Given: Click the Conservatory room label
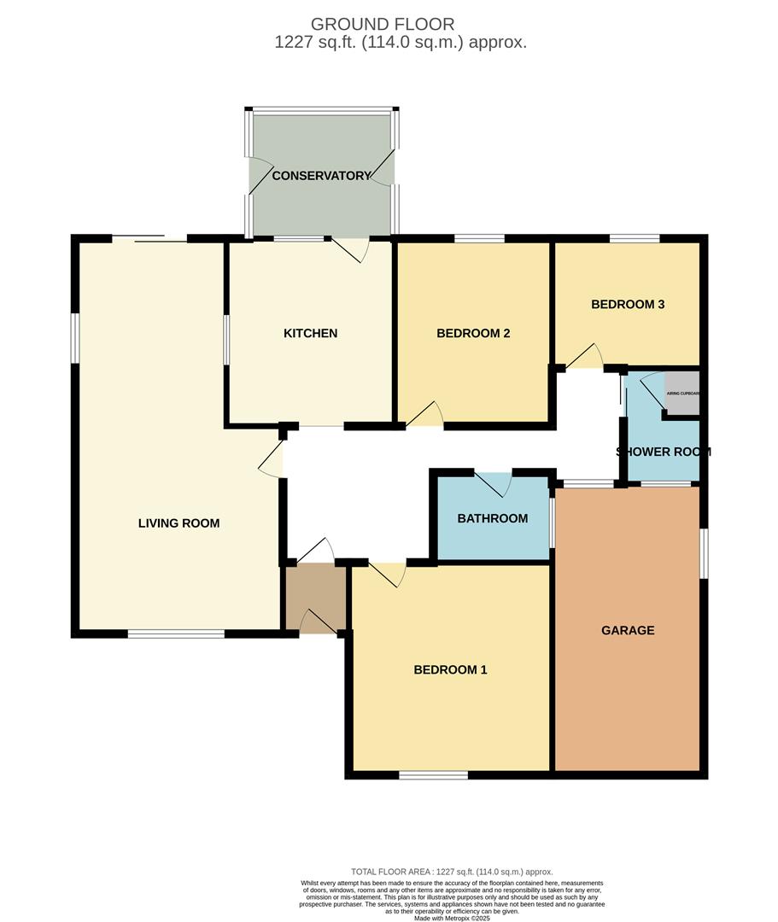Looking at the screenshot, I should (321, 176).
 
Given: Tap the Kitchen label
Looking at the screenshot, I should (310, 333).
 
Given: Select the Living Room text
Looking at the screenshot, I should (178, 523).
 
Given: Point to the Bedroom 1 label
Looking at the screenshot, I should (450, 670).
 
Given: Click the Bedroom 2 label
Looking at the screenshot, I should (473, 333).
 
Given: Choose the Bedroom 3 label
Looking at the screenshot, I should (628, 304).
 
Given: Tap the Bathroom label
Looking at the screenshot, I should (492, 518).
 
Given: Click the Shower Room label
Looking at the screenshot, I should (663, 452).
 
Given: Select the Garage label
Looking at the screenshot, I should (628, 631).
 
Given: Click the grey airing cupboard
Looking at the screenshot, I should (682, 394).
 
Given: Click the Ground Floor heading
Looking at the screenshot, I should (383, 24).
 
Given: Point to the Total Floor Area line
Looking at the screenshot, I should (452, 872).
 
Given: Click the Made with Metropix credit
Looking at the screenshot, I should (453, 918).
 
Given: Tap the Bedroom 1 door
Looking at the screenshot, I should (386, 574).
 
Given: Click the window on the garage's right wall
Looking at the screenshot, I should (704, 553).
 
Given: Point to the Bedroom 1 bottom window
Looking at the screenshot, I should (433, 775).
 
